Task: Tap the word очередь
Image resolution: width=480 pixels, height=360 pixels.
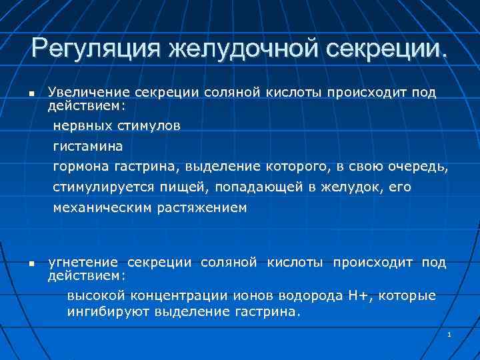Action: pos(421,166)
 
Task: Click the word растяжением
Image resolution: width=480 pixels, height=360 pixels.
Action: pos(202,208)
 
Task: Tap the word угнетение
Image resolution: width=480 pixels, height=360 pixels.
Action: pos(83,263)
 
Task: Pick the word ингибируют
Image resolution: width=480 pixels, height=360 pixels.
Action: pos(108,311)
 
